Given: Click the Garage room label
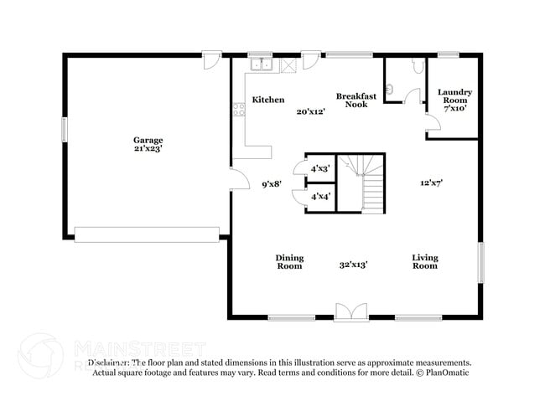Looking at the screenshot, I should tap(148, 140).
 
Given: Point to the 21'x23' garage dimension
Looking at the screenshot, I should tap(148, 149).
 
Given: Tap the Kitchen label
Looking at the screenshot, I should tap(268, 100).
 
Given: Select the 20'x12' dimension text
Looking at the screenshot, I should tap(310, 111).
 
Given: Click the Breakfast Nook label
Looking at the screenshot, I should tap(356, 100).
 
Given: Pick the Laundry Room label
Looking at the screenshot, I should tap(454, 96).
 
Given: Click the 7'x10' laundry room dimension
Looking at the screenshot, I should tap(454, 108).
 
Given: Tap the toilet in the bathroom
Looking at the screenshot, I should tap(418, 66).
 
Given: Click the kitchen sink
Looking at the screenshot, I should tap(261, 64).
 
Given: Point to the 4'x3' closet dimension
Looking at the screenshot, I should tap(320, 168).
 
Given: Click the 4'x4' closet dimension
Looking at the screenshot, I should tap(320, 197).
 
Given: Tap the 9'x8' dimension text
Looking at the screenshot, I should tap(271, 183).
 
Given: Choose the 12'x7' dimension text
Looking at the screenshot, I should tap(431, 183).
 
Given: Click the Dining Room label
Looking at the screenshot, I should tap(289, 262).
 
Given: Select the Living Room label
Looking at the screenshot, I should tap(424, 262).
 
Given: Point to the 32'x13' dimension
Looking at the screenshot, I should tap(353, 265).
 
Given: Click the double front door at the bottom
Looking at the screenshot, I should tap(350, 312).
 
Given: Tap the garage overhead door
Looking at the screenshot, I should tap(147, 234).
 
